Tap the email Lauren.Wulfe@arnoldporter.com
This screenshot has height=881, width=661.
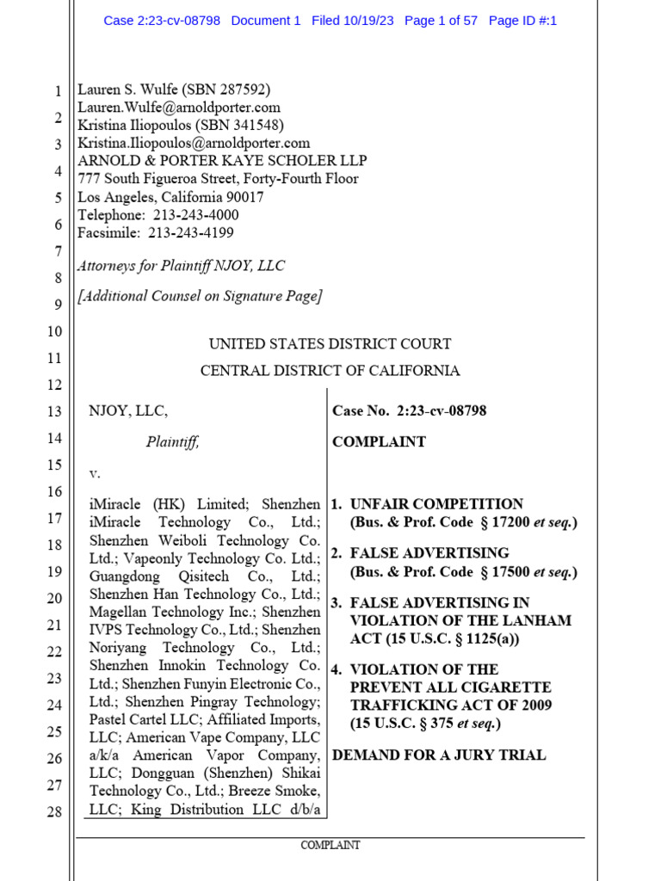tap(179, 108)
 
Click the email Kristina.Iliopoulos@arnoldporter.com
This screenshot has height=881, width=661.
tap(194, 144)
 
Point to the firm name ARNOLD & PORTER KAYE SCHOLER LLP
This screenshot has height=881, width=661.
tap(222, 161)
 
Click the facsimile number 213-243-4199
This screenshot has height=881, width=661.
tap(191, 233)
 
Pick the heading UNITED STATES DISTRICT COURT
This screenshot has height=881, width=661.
tap(330, 344)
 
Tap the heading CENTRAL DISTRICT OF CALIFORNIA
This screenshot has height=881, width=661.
tap(330, 371)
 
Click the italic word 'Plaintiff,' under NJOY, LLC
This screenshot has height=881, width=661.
tap(172, 442)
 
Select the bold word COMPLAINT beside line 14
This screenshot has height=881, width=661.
tap(379, 442)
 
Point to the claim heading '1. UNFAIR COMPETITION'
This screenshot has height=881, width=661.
tap(427, 504)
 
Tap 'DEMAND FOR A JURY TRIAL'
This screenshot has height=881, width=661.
tap(439, 755)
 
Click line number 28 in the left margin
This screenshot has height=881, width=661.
tap(53, 811)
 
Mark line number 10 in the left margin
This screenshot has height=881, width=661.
tap(53, 331)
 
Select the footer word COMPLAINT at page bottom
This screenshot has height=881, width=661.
tap(330, 846)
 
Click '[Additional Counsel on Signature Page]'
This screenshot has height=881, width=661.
tap(200, 297)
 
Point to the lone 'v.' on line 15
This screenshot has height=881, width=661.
tap(95, 474)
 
